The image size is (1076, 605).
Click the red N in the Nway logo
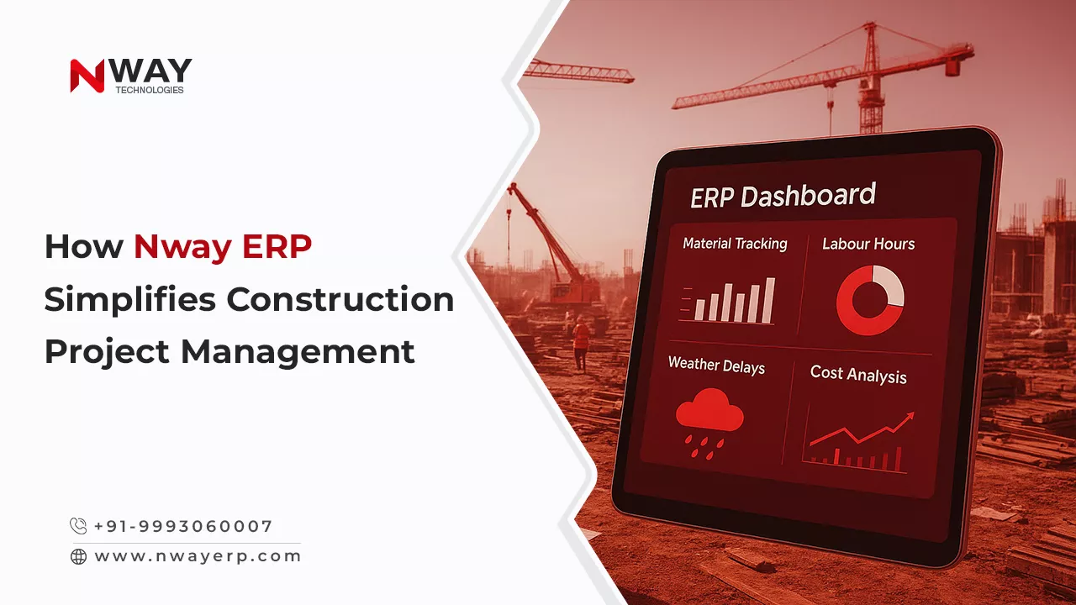(87, 76)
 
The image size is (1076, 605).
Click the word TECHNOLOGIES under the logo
(150, 90)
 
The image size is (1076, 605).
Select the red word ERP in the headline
(277, 247)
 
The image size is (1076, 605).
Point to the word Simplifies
(129, 300)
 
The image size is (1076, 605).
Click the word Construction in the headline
(340, 300)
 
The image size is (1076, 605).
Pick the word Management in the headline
(298, 353)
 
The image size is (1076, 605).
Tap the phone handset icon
(78, 526)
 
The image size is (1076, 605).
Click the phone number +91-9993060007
(183, 526)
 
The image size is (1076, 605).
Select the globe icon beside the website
(79, 556)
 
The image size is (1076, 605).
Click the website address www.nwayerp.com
(198, 556)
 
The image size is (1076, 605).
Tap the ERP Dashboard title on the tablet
(783, 196)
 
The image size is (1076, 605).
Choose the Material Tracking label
(735, 244)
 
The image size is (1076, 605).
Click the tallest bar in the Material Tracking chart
(768, 301)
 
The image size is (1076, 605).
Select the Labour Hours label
(868, 244)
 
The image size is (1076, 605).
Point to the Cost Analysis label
(858, 375)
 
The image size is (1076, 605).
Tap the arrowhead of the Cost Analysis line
(909, 417)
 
